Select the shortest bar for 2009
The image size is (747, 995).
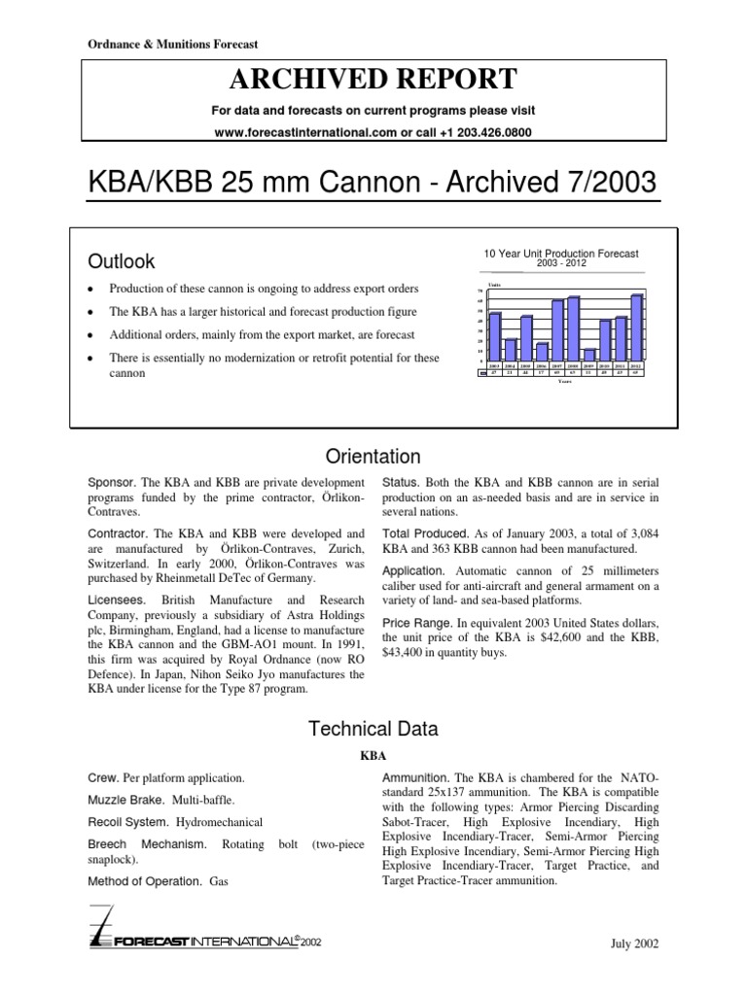[590, 354]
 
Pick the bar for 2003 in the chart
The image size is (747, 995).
[495, 335]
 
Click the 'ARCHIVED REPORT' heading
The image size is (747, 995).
[373, 78]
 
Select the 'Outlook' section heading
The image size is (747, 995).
[122, 261]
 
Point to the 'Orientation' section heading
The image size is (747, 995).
[373, 457]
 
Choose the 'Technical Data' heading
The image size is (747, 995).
[373, 729]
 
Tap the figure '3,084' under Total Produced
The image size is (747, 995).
[640, 535]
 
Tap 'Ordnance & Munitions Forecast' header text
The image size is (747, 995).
[168, 44]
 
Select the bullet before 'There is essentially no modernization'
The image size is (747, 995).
[89, 359]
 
